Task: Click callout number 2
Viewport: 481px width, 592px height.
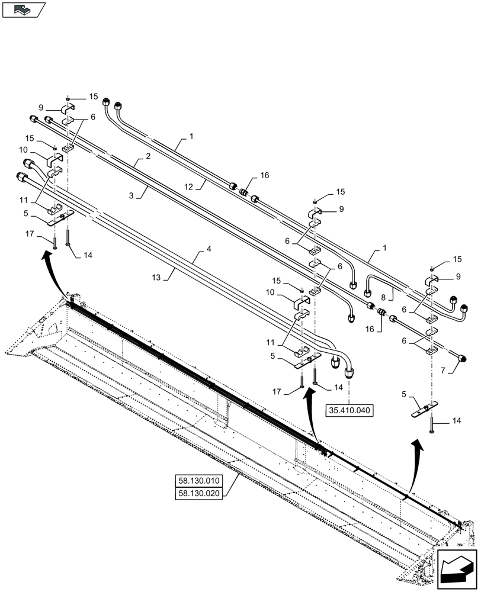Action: pyautogui.click(x=147, y=156)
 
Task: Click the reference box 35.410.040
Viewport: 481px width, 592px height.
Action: pyautogui.click(x=349, y=409)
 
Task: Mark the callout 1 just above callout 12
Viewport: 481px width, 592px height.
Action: pyautogui.click(x=191, y=136)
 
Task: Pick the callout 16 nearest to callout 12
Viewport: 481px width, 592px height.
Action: pyautogui.click(x=264, y=176)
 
